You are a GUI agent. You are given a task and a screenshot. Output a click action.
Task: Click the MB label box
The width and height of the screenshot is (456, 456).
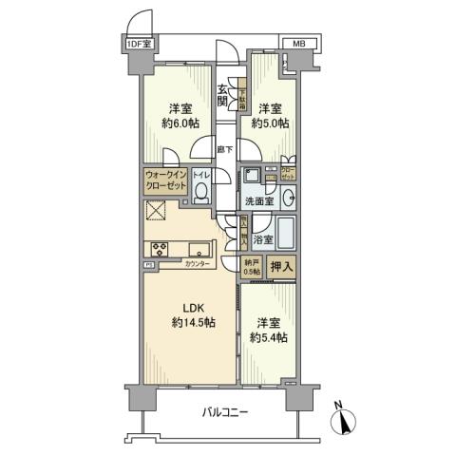(297, 44)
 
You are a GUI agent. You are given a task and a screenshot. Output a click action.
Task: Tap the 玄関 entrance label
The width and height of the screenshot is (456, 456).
(222, 95)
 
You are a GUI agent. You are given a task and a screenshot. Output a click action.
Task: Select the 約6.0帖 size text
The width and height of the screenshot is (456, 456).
(178, 123)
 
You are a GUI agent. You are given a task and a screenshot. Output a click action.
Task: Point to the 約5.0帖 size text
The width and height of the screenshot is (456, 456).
(269, 123)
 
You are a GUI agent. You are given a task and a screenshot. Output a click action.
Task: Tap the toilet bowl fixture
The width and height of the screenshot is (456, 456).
(201, 194)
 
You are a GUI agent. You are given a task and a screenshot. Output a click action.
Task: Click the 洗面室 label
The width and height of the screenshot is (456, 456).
(258, 201)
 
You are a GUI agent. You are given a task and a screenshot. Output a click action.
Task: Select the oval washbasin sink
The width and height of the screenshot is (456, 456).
(290, 199)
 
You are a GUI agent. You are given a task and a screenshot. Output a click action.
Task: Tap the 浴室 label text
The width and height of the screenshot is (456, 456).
(262, 240)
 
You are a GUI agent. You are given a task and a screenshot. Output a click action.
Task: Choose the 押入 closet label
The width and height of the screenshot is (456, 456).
(281, 267)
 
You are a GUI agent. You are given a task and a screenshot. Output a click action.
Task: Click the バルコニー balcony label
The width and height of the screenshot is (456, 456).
(225, 412)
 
